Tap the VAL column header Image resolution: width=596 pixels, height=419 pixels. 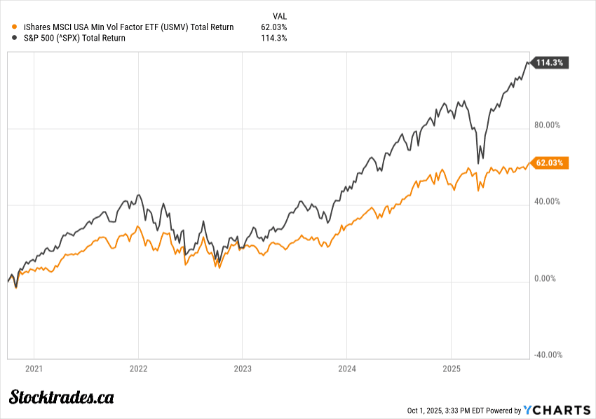coord(279,15)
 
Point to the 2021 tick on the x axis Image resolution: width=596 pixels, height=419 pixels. coord(34,368)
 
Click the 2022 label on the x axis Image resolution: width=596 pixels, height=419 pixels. coord(138,368)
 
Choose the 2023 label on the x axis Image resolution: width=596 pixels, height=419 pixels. coord(243,368)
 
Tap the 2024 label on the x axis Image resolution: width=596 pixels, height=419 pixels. coord(347,368)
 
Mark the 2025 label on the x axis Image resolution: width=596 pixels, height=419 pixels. coord(452,368)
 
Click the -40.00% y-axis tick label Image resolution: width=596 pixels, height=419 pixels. coord(548,355)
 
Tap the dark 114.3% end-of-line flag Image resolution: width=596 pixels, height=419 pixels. coord(550,63)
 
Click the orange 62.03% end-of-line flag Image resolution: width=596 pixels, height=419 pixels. coord(550,163)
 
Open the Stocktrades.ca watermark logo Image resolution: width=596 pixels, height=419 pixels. coord(62,397)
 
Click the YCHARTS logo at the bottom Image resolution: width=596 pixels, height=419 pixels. coord(557,410)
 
